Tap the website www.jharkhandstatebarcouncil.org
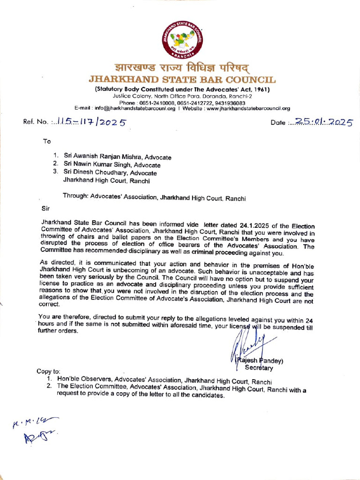248,108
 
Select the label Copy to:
49,371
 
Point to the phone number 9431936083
229,103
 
